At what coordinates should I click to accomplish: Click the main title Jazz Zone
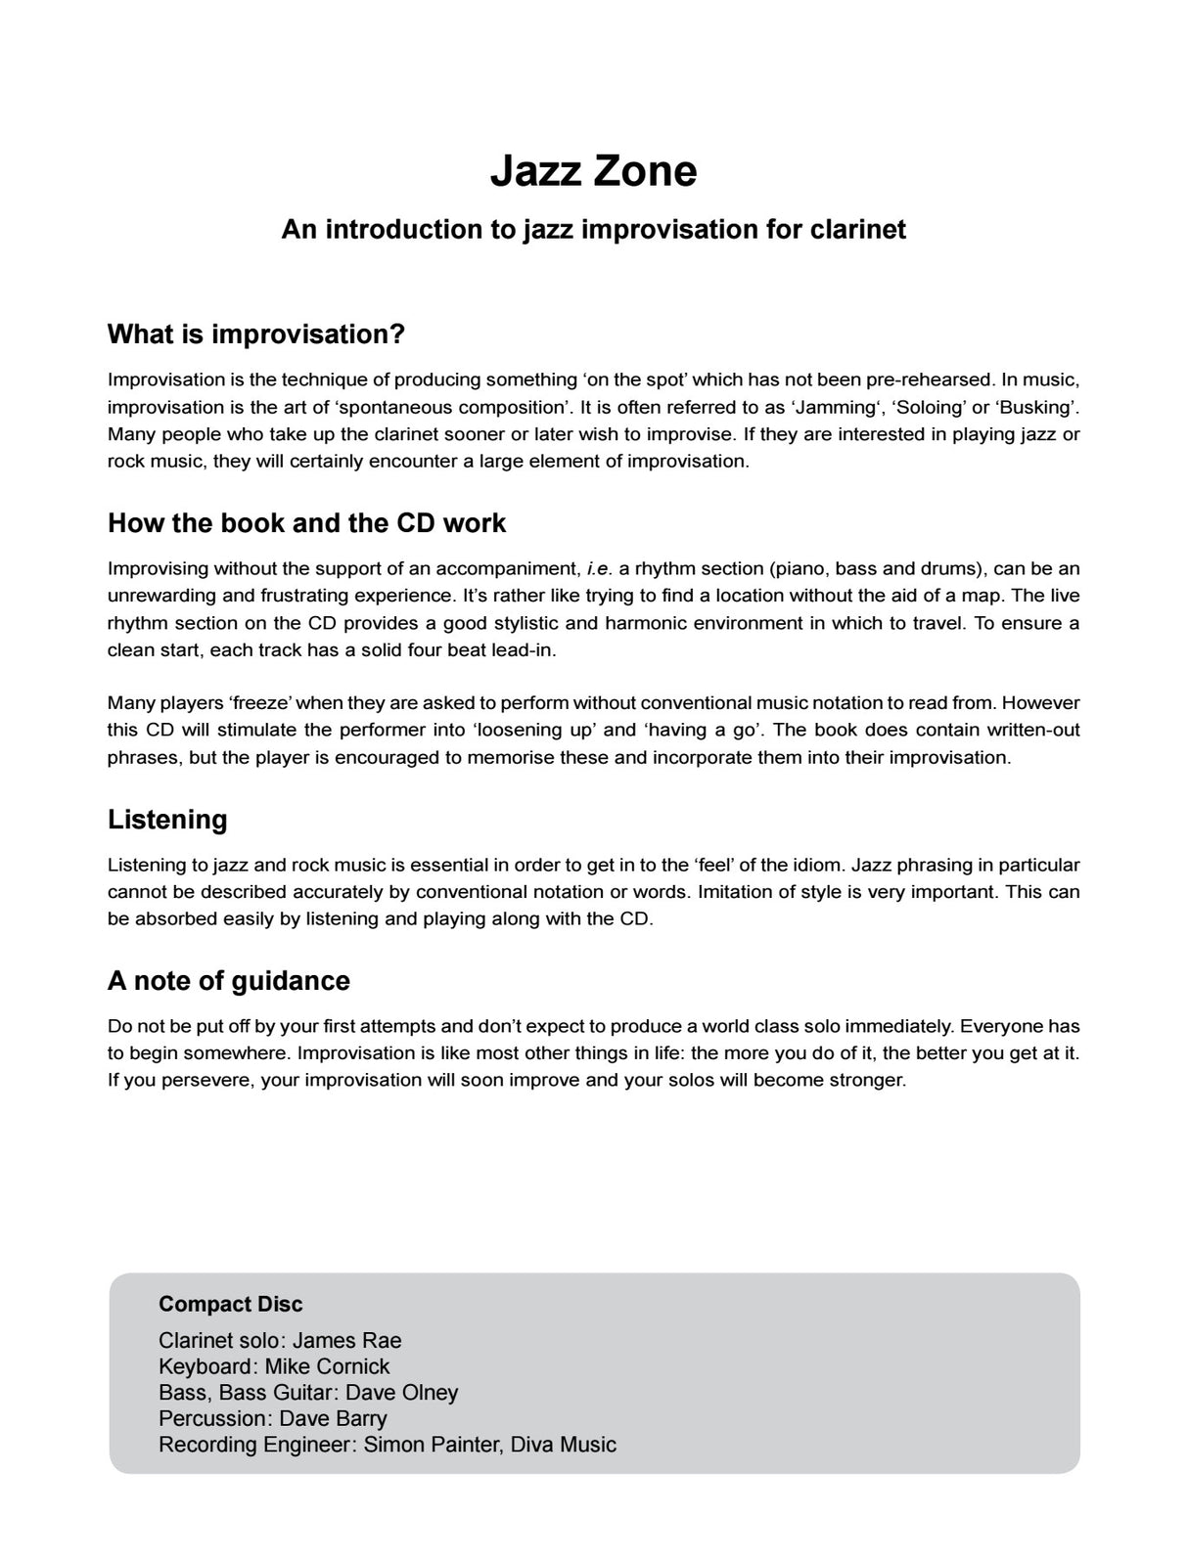click(593, 171)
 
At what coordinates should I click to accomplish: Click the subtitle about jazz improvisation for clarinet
click(593, 230)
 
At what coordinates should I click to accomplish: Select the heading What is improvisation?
click(255, 334)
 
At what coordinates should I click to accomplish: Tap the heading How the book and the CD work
click(306, 523)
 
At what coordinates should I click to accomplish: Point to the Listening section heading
click(167, 820)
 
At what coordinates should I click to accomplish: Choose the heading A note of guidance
click(228, 981)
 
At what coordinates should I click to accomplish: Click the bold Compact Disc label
click(230, 1304)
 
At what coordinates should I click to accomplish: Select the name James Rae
click(346, 1341)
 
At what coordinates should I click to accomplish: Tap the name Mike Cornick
click(327, 1366)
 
